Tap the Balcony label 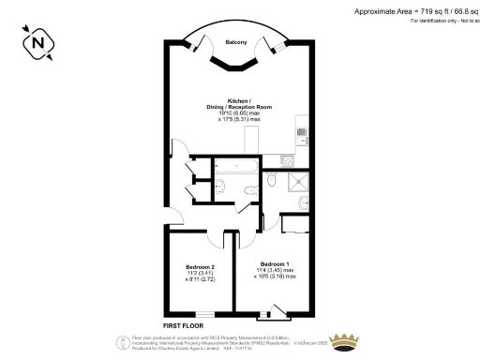pos(235,41)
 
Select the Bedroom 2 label pos(201,267)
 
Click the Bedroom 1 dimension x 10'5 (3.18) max pos(277,277)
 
